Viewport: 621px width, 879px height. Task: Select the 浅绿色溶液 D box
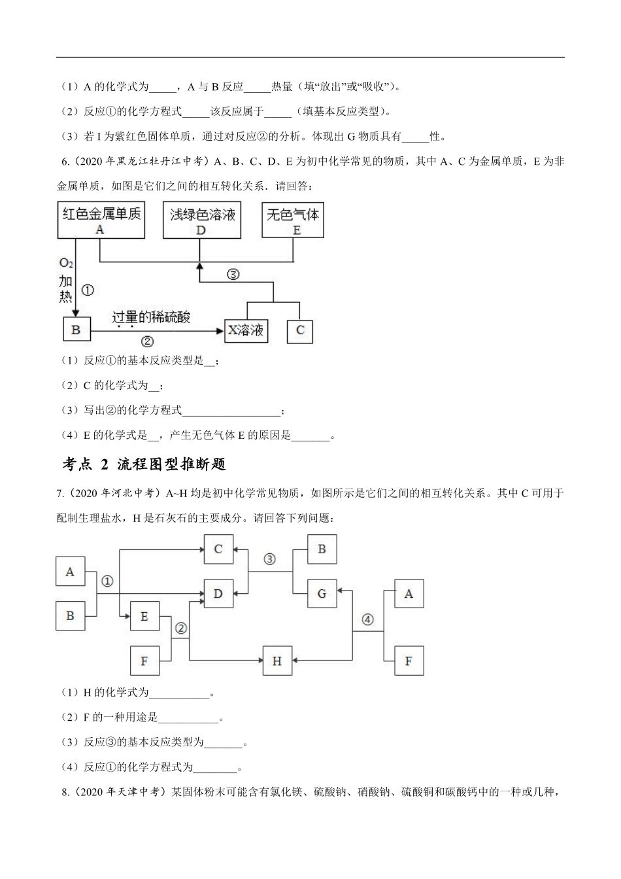[201, 220]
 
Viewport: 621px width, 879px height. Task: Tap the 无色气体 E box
[293, 220]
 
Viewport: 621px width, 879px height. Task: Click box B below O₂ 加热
[76, 330]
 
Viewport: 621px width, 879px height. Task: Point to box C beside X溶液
[300, 330]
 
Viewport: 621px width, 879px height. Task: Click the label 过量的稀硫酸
[151, 317]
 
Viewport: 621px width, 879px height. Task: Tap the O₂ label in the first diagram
[66, 263]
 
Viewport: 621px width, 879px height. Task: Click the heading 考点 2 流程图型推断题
[144, 464]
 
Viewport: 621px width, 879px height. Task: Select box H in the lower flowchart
[277, 661]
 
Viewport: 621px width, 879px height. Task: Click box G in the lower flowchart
[322, 593]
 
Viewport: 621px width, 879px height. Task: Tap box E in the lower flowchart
[144, 616]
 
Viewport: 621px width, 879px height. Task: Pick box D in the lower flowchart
[218, 593]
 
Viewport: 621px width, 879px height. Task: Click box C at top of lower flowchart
[218, 549]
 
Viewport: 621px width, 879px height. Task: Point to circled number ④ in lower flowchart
[367, 619]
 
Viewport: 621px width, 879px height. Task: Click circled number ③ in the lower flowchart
[269, 559]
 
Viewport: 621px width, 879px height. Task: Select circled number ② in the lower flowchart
[181, 628]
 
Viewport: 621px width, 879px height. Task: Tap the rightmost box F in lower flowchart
[409, 661]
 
